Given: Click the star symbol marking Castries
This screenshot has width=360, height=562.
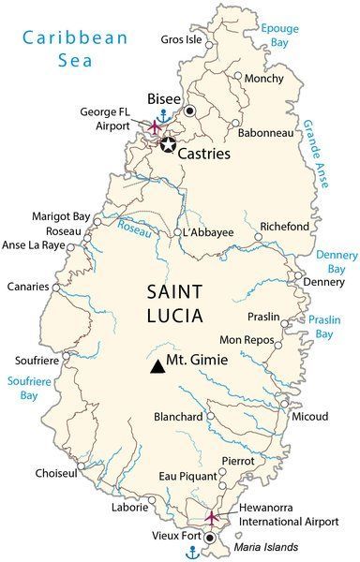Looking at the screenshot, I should click(x=168, y=144).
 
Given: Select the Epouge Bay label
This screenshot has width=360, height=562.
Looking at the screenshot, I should click(x=280, y=37).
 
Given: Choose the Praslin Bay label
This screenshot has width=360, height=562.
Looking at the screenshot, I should click(x=323, y=326).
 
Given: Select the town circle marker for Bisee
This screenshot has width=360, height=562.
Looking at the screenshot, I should click(x=191, y=111).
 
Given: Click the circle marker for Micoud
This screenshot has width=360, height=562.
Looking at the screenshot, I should click(x=283, y=405).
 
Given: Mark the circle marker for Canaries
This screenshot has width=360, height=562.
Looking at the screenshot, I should click(x=63, y=287).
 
